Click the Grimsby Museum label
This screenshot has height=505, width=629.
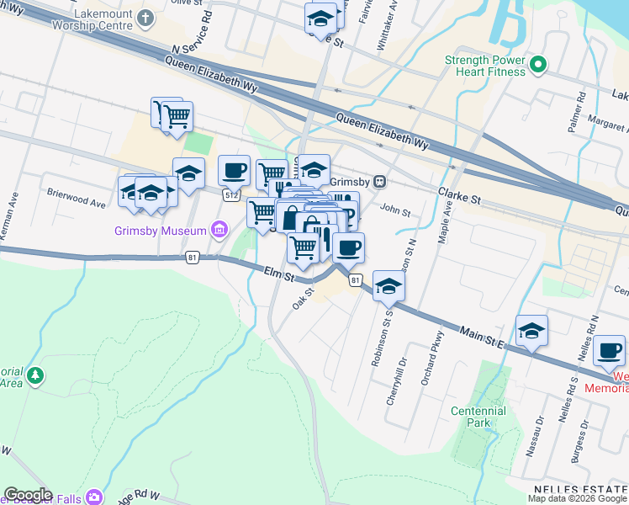[161, 231]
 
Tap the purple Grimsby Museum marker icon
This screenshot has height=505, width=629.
[219, 229]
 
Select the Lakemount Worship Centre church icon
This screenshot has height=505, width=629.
[145, 17]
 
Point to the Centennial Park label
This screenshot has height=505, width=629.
[478, 417]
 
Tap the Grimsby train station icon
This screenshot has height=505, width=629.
[380, 181]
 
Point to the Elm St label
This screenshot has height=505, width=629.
[277, 274]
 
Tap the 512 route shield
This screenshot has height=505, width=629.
[229, 194]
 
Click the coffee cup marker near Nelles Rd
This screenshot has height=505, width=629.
[609, 350]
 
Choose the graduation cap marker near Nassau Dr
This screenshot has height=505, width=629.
[531, 330]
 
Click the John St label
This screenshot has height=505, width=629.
[394, 210]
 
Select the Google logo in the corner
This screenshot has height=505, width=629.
[28, 495]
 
